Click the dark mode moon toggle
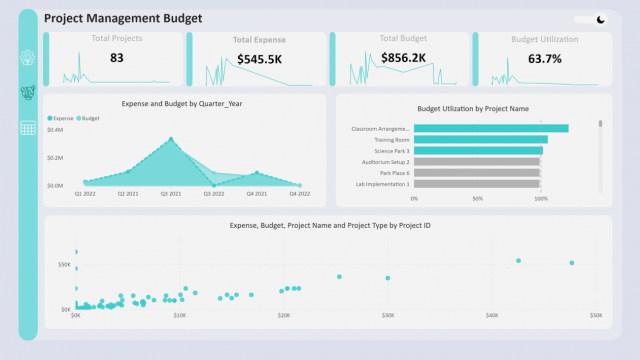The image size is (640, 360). pyautogui.click(x=600, y=19)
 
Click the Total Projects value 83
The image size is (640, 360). pyautogui.click(x=117, y=58)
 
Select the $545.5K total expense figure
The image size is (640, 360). pyautogui.click(x=259, y=59)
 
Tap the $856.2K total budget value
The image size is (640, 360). pyautogui.click(x=404, y=58)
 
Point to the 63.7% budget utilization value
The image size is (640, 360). pyautogui.click(x=544, y=59)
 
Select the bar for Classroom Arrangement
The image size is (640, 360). pyautogui.click(x=490, y=128)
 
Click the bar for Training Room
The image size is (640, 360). pyautogui.click(x=480, y=139)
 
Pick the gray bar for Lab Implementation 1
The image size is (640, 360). pyautogui.click(x=477, y=184)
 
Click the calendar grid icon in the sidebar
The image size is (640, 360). pyautogui.click(x=28, y=128)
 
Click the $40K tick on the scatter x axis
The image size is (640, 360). pyautogui.click(x=491, y=315)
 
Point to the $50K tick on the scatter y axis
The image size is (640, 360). pyautogui.click(x=63, y=265)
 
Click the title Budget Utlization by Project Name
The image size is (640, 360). pyautogui.click(x=472, y=108)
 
